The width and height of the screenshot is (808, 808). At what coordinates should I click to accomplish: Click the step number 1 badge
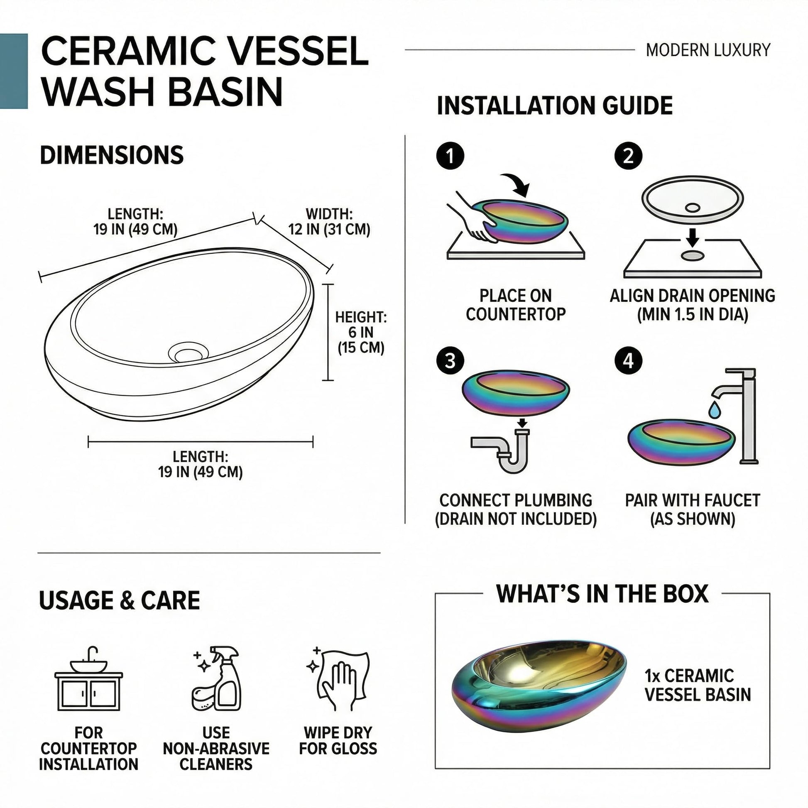[x=450, y=157]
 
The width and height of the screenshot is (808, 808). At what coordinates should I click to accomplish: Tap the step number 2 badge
[x=628, y=157]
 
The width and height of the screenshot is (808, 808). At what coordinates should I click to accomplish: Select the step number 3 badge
[x=450, y=360]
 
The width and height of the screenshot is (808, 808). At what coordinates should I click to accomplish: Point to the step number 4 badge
[x=628, y=360]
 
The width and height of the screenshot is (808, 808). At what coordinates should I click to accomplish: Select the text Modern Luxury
[x=708, y=50]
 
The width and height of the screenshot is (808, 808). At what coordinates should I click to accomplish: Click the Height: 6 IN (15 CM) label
[x=360, y=332]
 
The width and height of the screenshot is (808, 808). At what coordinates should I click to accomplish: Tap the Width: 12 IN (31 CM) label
[x=329, y=222]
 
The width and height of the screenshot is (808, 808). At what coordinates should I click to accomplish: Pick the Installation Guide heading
[x=555, y=105]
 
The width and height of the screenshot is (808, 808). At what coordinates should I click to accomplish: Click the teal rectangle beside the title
[x=14, y=71]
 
